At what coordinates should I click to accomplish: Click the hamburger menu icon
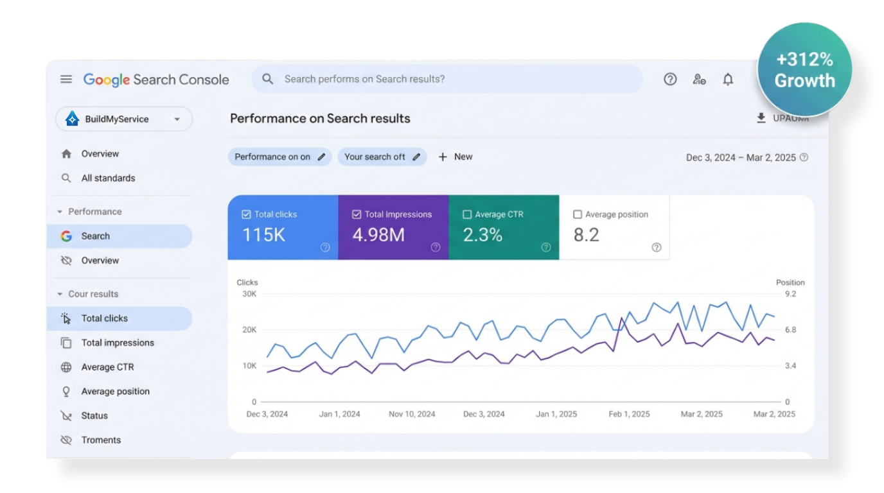[66, 79]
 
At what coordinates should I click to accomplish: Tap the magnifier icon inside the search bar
[268, 79]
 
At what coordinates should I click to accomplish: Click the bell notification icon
[728, 79]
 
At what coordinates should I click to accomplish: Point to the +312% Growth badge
[804, 70]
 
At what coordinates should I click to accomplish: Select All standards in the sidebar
[108, 178]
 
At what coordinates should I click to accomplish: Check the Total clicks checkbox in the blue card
[246, 214]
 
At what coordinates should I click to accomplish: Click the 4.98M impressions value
[378, 235]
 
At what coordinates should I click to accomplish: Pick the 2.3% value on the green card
[482, 235]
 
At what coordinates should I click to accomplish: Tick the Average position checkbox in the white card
[578, 214]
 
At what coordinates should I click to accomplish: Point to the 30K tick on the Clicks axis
[249, 294]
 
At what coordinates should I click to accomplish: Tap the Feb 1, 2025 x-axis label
[629, 414]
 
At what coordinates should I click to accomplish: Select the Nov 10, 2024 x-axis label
[412, 414]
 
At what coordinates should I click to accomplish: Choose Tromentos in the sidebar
[101, 440]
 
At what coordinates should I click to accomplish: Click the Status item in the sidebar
[94, 415]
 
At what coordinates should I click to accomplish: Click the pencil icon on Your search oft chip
[416, 157]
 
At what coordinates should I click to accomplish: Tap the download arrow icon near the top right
[761, 118]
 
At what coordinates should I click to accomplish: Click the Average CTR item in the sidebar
[107, 367]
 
